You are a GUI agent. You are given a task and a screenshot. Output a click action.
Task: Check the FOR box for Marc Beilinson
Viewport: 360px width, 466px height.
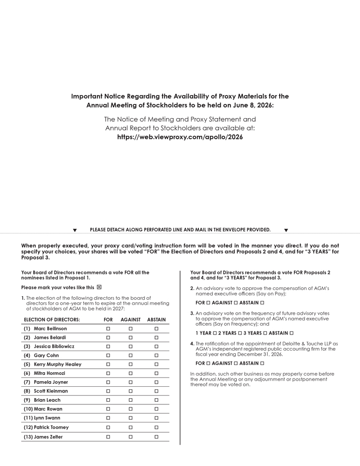point(108,329)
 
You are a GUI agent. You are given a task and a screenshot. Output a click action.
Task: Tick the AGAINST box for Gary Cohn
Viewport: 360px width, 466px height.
point(131,356)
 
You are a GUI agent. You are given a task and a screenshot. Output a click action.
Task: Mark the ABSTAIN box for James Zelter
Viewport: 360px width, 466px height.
point(156,437)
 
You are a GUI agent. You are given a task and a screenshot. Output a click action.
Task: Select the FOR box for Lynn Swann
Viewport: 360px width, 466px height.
point(108,418)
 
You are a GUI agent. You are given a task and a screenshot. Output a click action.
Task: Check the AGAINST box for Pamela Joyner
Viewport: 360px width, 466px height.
point(131,382)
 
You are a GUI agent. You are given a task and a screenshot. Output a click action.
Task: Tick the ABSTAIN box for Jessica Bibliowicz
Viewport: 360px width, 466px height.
point(156,346)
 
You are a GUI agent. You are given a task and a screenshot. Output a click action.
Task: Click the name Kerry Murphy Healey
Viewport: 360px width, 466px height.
point(57,365)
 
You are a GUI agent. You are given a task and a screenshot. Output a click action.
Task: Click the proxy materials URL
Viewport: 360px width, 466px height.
point(180,137)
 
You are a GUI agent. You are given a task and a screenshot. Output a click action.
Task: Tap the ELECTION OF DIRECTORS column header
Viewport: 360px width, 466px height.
point(52,320)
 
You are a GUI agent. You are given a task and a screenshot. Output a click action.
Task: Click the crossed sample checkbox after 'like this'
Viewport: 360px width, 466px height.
point(99,287)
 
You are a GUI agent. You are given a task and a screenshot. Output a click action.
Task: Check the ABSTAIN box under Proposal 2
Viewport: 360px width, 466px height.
point(262,303)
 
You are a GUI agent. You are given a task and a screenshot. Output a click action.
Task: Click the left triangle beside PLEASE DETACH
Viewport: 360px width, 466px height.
point(75,230)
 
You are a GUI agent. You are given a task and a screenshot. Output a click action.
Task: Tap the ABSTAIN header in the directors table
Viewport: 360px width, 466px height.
point(156,320)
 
